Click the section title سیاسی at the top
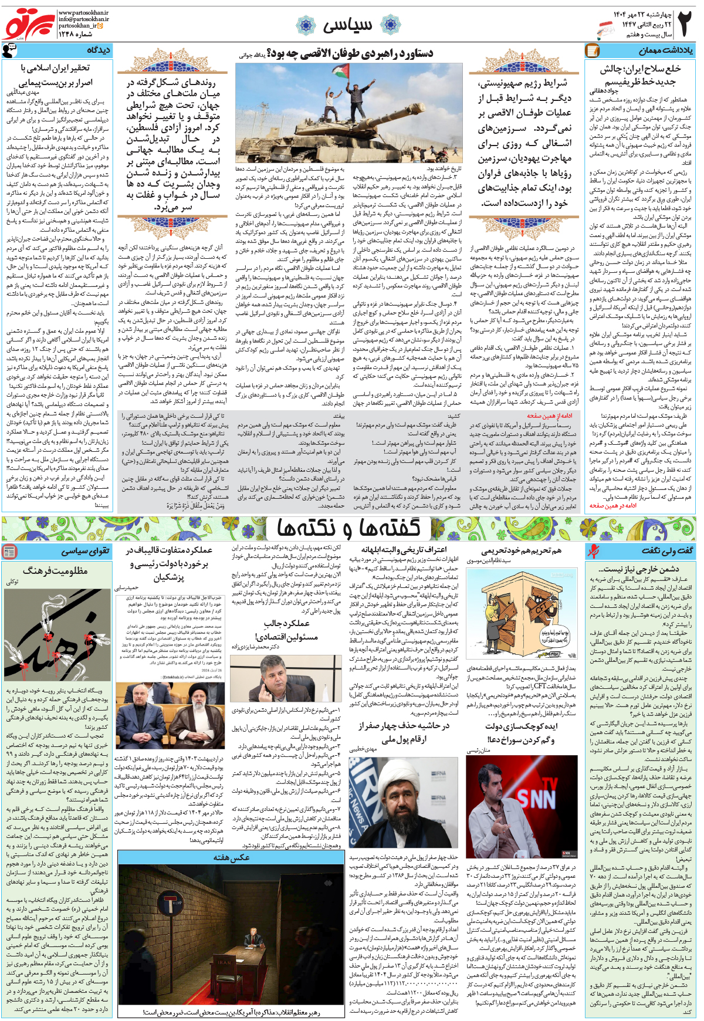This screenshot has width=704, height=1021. (x=347, y=25)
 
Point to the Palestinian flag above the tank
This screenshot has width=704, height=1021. (x=333, y=73)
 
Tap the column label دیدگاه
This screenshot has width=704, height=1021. (x=99, y=50)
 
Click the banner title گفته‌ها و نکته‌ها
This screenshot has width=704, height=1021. (x=348, y=528)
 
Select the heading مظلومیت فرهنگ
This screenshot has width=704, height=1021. (x=55, y=570)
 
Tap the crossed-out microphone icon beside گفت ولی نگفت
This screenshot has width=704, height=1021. (x=594, y=550)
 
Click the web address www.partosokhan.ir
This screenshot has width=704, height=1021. (x=83, y=12)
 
